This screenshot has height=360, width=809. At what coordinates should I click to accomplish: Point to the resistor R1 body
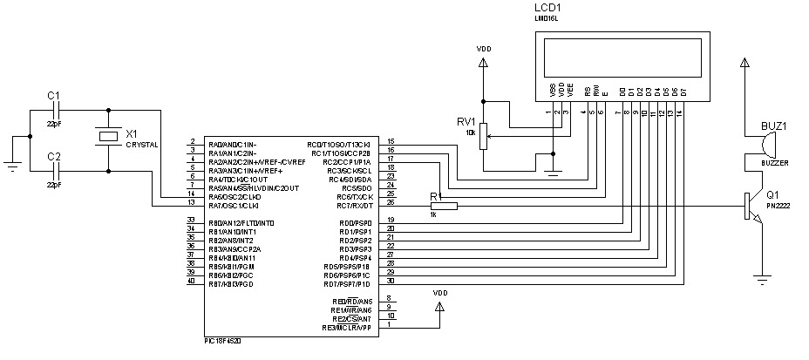click(443, 206)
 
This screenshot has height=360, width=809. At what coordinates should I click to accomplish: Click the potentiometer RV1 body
click(484, 135)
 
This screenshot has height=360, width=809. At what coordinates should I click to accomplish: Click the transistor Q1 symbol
click(752, 207)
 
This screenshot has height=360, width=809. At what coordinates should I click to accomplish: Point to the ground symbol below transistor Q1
click(765, 279)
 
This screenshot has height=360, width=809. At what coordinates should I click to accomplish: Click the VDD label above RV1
click(484, 49)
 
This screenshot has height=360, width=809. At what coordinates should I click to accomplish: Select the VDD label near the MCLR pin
click(440, 294)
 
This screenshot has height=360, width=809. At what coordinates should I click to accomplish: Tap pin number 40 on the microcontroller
click(191, 283)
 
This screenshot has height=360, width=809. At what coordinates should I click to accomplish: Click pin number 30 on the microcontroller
click(391, 281)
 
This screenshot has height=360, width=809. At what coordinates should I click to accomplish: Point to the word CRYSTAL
click(142, 145)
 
